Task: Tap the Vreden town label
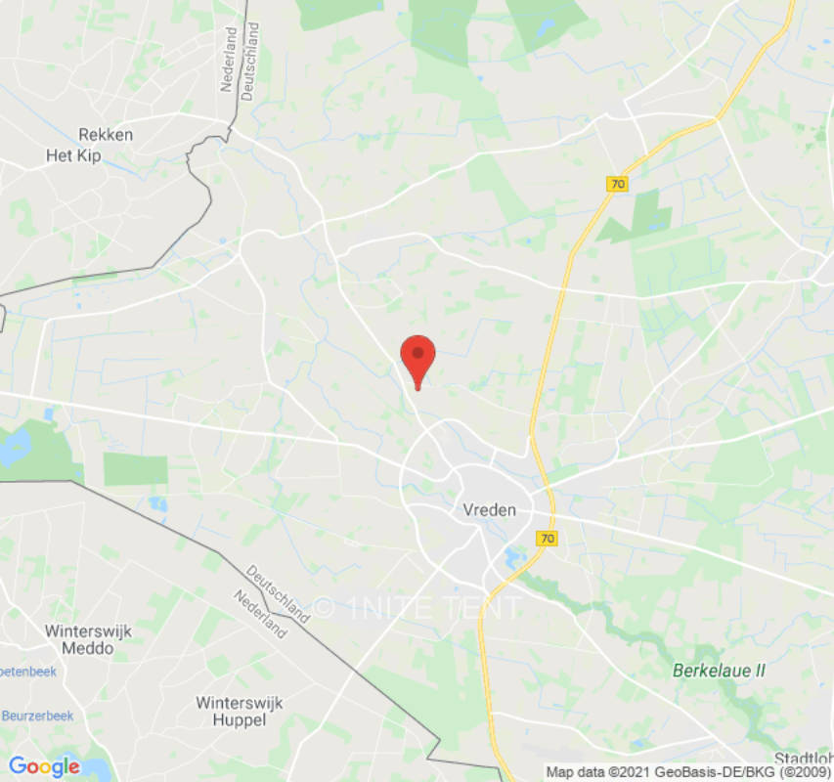tap(489, 509)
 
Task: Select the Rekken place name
tap(106, 135)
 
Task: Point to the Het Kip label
tap(75, 155)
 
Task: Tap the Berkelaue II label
tap(720, 671)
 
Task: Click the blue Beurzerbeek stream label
tap(37, 716)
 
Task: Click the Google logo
tap(44, 766)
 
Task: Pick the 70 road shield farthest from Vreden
tap(617, 184)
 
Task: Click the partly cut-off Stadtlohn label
tap(804, 759)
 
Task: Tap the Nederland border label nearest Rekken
tap(229, 59)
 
